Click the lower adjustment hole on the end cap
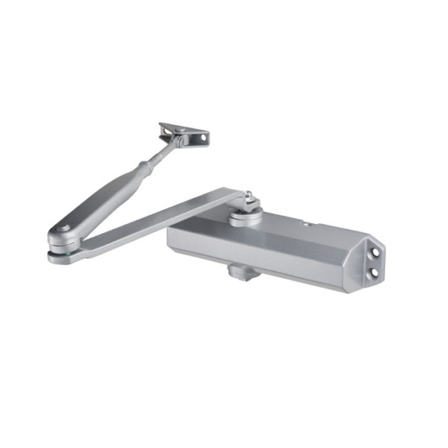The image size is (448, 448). click(371, 273)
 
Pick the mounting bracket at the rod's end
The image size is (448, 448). click(184, 134)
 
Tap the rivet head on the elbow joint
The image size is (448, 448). click(65, 229)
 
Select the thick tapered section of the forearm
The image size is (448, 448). click(105, 198)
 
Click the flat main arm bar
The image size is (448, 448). click(157, 220)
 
